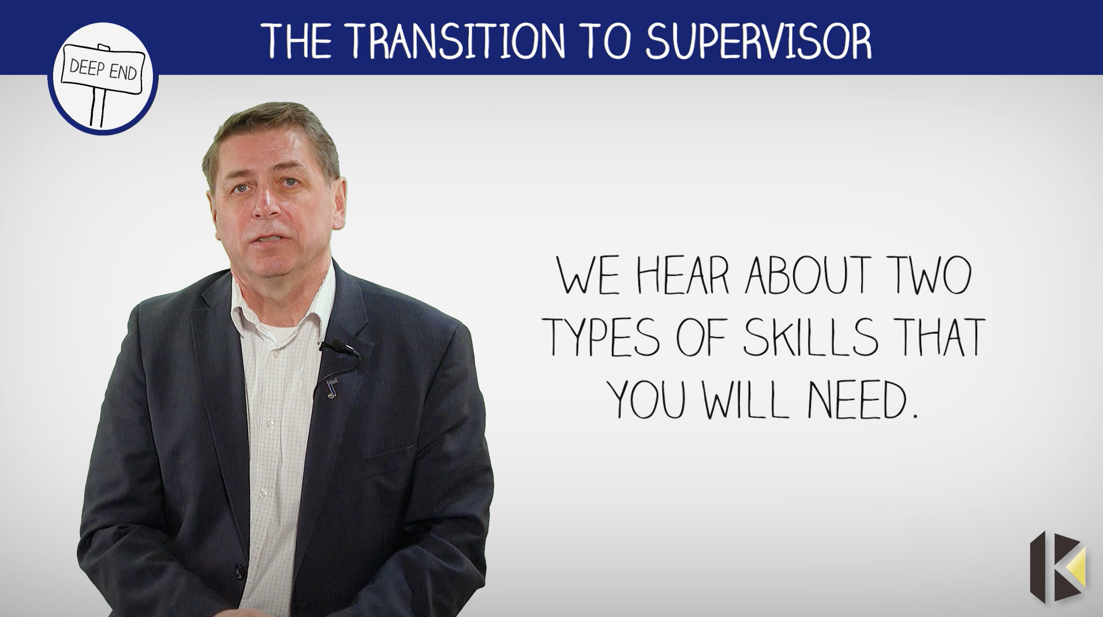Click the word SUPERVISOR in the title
(x=758, y=40)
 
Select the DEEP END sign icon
(x=103, y=81)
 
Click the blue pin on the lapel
(x=331, y=387)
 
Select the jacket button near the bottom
(x=238, y=571)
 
